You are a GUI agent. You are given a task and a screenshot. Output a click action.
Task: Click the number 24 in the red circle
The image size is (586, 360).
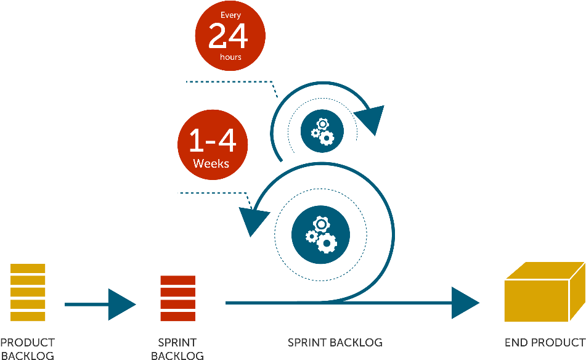[x=228, y=36]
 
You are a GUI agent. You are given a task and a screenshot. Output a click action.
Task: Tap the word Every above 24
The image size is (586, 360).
[x=230, y=15]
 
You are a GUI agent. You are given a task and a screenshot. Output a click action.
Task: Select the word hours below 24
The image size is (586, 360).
[x=230, y=57]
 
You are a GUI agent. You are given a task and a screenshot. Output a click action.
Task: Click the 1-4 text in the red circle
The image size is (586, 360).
[x=212, y=141]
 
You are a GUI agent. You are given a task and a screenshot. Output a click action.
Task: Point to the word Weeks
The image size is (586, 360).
[x=211, y=164]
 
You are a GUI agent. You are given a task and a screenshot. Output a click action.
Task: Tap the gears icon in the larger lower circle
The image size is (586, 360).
[x=320, y=234]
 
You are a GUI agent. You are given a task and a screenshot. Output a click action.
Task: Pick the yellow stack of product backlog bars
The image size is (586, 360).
[x=28, y=292]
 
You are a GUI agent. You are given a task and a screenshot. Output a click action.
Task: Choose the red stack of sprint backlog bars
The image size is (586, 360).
[x=177, y=298]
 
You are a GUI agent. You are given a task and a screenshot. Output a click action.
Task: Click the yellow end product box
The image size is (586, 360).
[x=543, y=293]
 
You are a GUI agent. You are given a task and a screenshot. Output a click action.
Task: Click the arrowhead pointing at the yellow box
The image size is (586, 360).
[x=465, y=303]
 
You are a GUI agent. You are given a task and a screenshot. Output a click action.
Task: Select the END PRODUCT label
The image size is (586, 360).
[x=544, y=342]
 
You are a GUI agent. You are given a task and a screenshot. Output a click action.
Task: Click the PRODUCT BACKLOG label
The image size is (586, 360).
[x=27, y=348]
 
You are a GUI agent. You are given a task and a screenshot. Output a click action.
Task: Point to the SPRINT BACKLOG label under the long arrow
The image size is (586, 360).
[x=335, y=342]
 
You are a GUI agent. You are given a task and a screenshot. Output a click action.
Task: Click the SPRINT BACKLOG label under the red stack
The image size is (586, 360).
[x=177, y=349]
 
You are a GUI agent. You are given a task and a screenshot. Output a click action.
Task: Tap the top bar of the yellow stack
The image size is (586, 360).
[x=28, y=268]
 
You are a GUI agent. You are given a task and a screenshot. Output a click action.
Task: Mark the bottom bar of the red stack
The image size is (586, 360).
[x=177, y=316]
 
